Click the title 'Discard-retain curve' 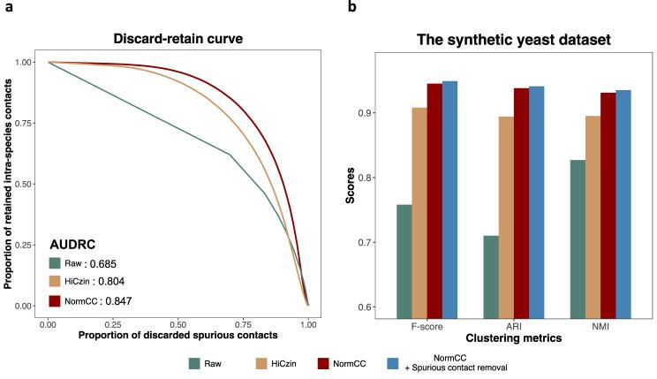pos(177,38)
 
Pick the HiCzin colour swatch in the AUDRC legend pos(56,282)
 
